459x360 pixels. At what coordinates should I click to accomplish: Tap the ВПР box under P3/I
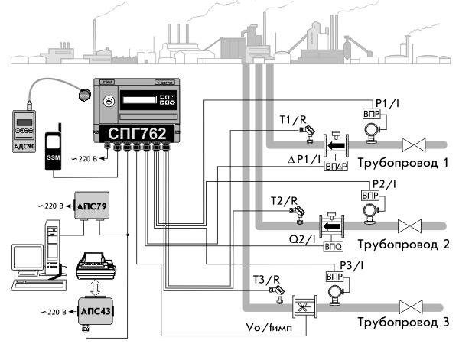(x=336, y=276)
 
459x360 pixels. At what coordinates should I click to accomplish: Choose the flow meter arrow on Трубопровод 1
(x=335, y=143)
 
